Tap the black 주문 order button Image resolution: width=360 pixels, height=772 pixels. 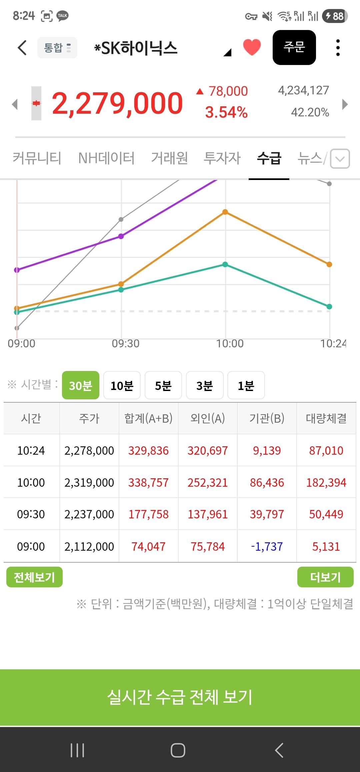(x=294, y=47)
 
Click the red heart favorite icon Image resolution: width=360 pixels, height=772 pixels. (x=252, y=47)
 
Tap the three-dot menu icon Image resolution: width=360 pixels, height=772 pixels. (x=338, y=48)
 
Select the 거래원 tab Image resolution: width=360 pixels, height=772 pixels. (x=169, y=158)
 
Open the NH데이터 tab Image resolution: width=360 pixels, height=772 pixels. (x=106, y=158)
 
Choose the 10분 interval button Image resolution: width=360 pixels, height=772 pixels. (x=122, y=385)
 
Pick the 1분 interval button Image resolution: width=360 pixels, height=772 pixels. (x=246, y=385)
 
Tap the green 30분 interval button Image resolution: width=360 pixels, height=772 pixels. (x=81, y=385)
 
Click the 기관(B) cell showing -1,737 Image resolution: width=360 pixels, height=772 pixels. (x=267, y=546)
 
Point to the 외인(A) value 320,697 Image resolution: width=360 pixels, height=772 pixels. (x=207, y=451)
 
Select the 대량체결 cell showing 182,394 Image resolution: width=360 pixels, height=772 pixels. (x=326, y=483)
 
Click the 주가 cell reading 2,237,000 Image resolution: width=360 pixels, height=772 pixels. (x=89, y=514)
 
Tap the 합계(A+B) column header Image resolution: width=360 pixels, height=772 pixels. (x=148, y=418)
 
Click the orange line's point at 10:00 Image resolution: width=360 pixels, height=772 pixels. (x=225, y=212)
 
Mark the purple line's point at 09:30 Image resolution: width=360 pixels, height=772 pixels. (x=121, y=236)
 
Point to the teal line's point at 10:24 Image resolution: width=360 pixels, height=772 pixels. (x=329, y=307)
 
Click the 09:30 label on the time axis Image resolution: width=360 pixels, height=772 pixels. (x=126, y=343)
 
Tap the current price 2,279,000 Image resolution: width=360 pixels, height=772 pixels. (x=117, y=103)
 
